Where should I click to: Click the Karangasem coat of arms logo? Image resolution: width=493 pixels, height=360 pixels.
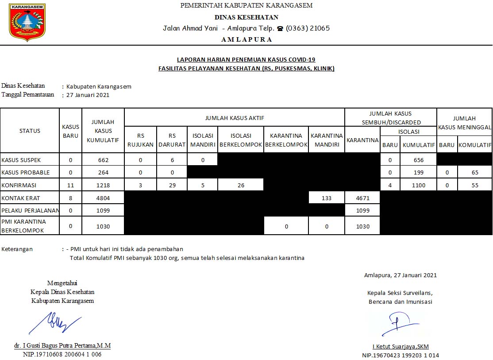pos(27,22)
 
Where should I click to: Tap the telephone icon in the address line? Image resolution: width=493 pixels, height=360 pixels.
pos(280,28)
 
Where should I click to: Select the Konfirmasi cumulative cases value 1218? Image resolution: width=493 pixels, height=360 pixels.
pos(103,186)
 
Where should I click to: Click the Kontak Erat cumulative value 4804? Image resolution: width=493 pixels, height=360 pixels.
pos(103,198)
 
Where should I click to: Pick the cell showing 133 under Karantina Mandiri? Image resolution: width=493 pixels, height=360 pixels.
pos(327,198)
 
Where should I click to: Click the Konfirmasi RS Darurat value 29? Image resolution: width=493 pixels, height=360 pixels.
pos(172,186)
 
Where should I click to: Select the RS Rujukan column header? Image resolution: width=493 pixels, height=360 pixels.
pos(141,140)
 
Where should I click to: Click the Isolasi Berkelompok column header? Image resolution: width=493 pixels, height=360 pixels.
pos(241,140)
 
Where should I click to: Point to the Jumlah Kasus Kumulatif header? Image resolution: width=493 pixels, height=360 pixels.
pos(103,131)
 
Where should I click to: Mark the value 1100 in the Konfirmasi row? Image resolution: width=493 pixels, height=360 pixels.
pos(418,186)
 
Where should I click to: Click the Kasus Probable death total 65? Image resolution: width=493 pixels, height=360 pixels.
pos(475,173)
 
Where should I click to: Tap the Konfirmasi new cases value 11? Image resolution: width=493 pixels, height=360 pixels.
pos(71,186)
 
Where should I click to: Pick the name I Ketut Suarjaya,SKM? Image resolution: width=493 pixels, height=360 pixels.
pos(401,347)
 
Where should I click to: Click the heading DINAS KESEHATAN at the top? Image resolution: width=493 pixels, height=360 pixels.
pos(246,17)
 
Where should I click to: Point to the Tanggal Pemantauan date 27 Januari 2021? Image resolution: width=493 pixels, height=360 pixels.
pos(88,95)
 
